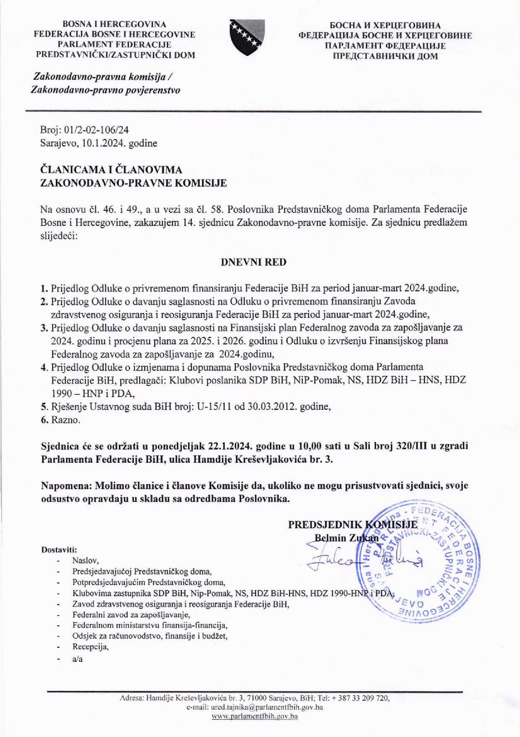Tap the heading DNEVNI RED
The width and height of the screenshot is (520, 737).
click(x=253, y=262)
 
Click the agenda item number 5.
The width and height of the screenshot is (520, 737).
click(x=43, y=407)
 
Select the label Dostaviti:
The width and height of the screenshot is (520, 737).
click(x=59, y=549)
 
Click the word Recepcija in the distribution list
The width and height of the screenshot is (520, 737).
click(x=90, y=647)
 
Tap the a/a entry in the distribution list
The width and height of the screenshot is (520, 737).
click(x=77, y=659)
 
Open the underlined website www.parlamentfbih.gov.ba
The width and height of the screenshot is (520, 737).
click(x=255, y=716)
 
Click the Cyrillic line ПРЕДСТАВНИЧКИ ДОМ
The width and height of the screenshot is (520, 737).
click(x=385, y=56)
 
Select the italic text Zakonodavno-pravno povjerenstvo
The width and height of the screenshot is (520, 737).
click(x=105, y=90)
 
